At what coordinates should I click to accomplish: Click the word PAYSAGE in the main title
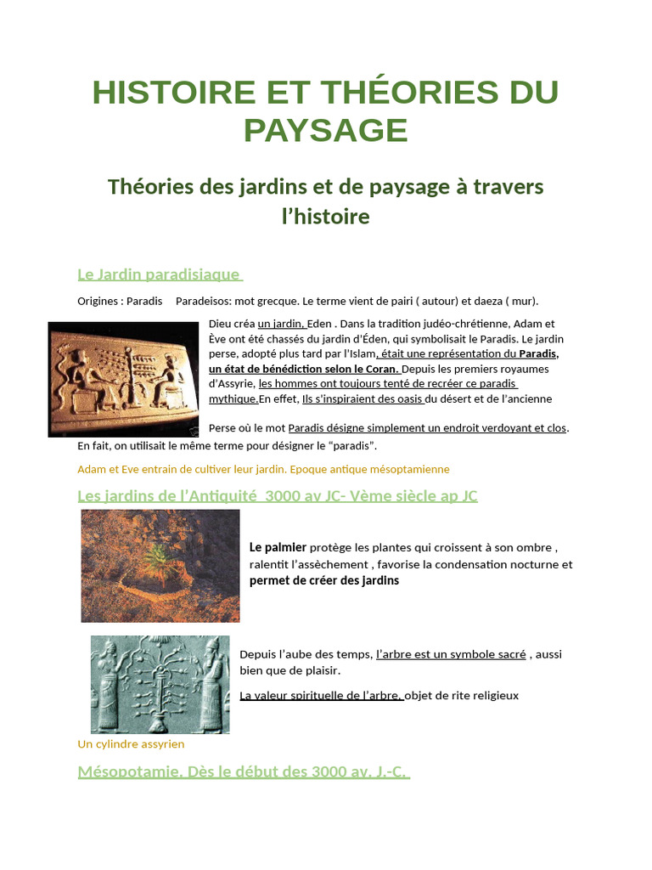point(326,130)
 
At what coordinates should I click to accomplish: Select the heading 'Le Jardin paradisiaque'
point(160,274)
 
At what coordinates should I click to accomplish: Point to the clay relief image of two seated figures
point(123,378)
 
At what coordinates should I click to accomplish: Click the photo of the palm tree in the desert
point(160,566)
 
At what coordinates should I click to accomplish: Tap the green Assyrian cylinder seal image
point(160,684)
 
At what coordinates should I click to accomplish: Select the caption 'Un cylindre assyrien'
point(131,743)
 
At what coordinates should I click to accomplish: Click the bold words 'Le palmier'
point(278,547)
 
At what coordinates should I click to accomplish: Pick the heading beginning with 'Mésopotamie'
point(244,771)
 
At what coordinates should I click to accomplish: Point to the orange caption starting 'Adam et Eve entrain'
point(263,469)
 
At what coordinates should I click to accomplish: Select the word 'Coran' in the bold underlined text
point(379,369)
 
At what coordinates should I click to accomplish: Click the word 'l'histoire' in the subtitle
point(326,216)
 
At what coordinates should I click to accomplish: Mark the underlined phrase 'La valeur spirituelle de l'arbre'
point(321,695)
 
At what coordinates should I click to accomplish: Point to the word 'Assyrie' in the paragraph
point(235,383)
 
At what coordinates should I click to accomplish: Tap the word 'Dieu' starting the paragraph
point(220,324)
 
